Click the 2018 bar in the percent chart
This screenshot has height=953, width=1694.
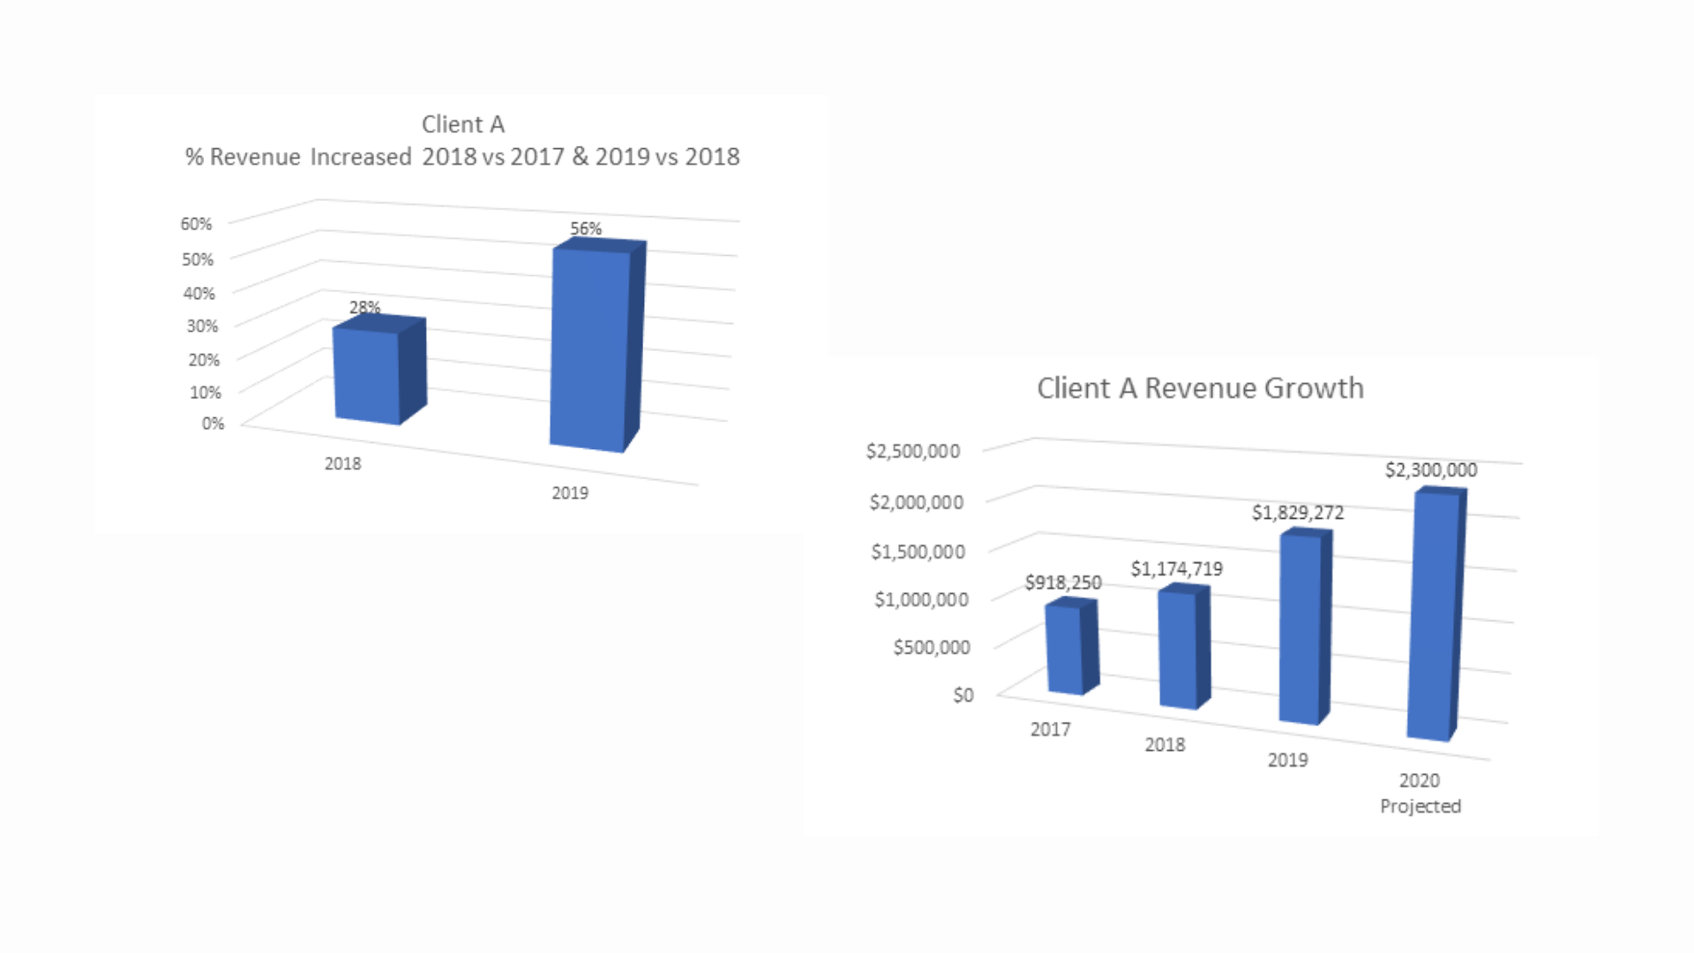pos(368,375)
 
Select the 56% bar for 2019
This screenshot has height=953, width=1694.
pos(590,349)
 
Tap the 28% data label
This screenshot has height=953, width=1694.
pos(364,307)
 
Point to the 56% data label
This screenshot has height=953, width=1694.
pos(586,229)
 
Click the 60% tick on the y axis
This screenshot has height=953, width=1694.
pos(196,224)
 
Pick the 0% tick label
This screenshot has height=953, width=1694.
pos(213,424)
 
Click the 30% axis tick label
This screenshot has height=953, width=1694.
pos(202,326)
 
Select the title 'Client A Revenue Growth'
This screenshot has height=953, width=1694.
pos(1200,388)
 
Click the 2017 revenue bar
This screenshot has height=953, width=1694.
pos(1065,649)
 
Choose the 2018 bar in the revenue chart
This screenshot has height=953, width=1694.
pos(1179,648)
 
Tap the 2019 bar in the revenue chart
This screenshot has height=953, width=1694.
pos(1300,627)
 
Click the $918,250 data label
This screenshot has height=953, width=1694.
pos(1063,582)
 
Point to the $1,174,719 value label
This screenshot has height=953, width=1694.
pos(1177,569)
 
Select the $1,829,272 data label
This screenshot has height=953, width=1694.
pos(1298,513)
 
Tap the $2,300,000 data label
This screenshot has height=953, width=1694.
pos(1431,470)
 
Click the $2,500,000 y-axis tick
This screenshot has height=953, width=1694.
pos(912,452)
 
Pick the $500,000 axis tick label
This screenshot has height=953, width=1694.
pos(932,648)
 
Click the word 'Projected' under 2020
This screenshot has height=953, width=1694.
pos(1420,807)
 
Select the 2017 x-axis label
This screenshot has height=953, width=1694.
pos(1050,730)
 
